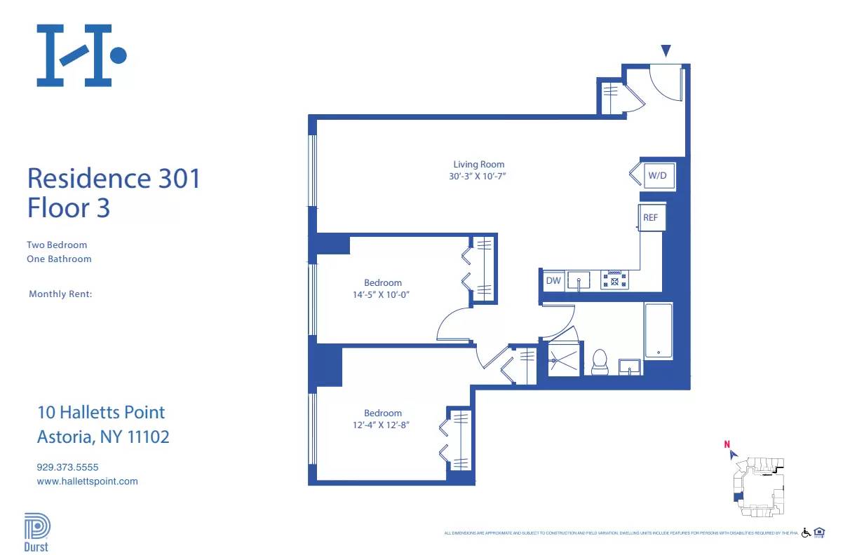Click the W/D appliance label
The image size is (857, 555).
[x=657, y=175]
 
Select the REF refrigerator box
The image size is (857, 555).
[x=651, y=218]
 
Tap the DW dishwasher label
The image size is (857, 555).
[x=553, y=281]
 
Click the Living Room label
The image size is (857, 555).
[x=478, y=165]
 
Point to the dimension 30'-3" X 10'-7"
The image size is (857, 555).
[x=478, y=177]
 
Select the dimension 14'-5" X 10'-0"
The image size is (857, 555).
[x=382, y=295]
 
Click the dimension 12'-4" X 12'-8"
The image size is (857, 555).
[x=382, y=425]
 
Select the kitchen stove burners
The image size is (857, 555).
[x=615, y=280]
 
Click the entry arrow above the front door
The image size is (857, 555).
[x=666, y=50]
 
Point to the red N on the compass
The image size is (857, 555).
[x=727, y=444]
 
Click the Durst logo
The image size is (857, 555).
[x=36, y=533]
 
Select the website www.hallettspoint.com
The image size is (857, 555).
[x=87, y=481]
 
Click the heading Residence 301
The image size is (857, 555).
[x=114, y=179]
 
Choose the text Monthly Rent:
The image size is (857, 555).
[x=60, y=294]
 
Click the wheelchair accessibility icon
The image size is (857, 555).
[x=806, y=533]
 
